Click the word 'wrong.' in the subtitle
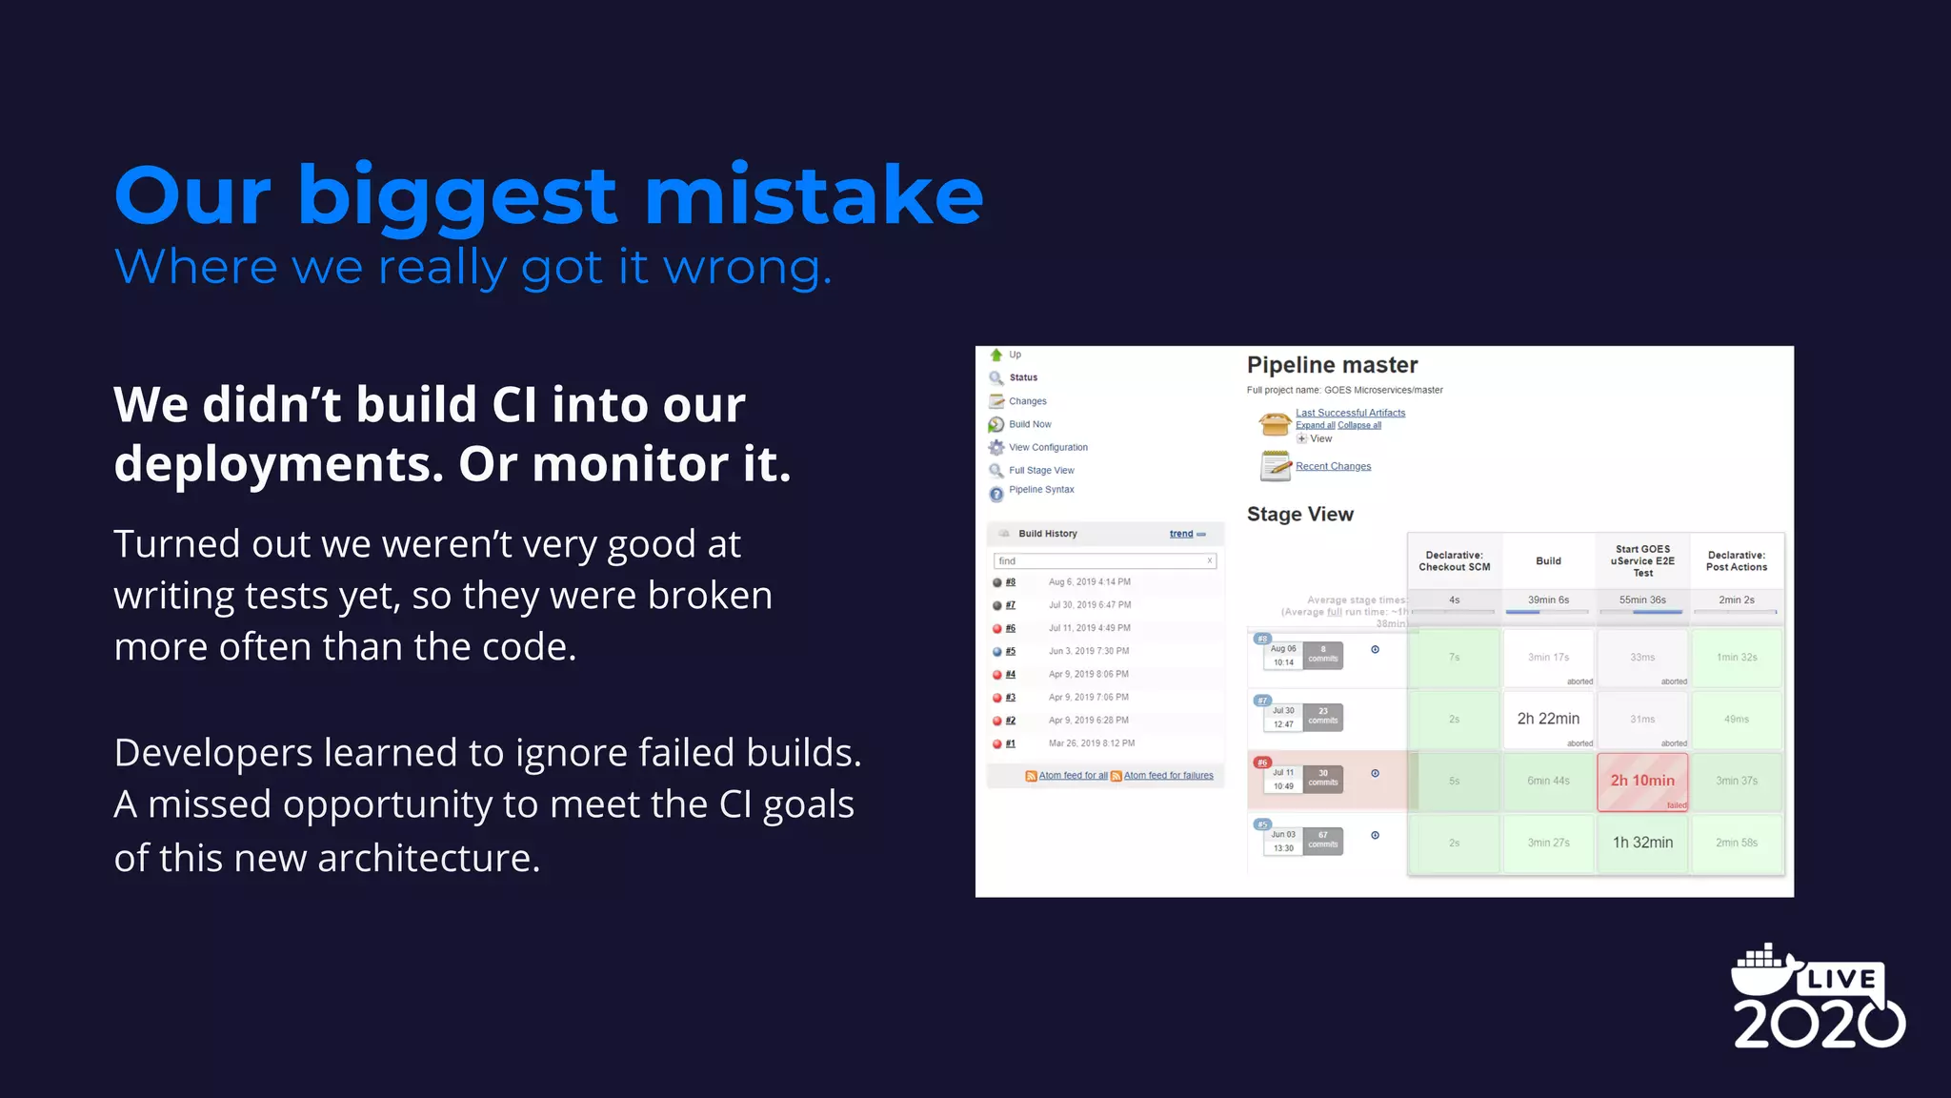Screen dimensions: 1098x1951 coord(747,268)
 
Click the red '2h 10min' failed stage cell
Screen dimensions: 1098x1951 coord(1642,781)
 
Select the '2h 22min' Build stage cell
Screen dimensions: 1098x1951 coord(1548,719)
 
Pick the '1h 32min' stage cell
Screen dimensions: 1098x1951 coord(1642,843)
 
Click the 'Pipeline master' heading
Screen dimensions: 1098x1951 coord(1332,365)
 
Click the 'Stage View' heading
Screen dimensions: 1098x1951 coord(1299,515)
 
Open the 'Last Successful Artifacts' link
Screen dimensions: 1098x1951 coord(1350,413)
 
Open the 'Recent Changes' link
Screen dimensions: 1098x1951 coord(1333,466)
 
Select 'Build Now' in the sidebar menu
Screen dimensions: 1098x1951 coord(1030,424)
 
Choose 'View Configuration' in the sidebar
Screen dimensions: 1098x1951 coord(1048,447)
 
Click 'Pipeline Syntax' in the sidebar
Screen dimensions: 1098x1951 coord(1041,490)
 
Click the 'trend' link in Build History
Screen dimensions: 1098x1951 coord(1181,534)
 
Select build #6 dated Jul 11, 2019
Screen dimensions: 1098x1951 coord(1011,628)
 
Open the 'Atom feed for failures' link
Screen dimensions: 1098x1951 coord(1168,776)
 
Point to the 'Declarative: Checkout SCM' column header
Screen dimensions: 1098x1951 coord(1454,561)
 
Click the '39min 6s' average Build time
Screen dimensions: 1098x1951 coord(1548,600)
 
